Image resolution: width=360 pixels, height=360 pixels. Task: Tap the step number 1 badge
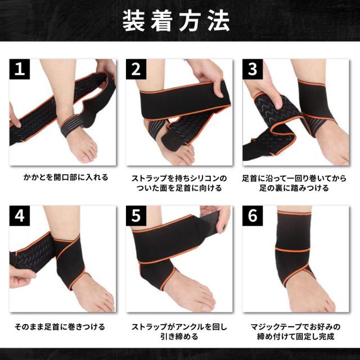20,70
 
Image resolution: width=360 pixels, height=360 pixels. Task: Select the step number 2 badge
136,70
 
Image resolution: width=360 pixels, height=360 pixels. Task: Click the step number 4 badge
20,216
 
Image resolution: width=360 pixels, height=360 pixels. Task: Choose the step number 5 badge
136,216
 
